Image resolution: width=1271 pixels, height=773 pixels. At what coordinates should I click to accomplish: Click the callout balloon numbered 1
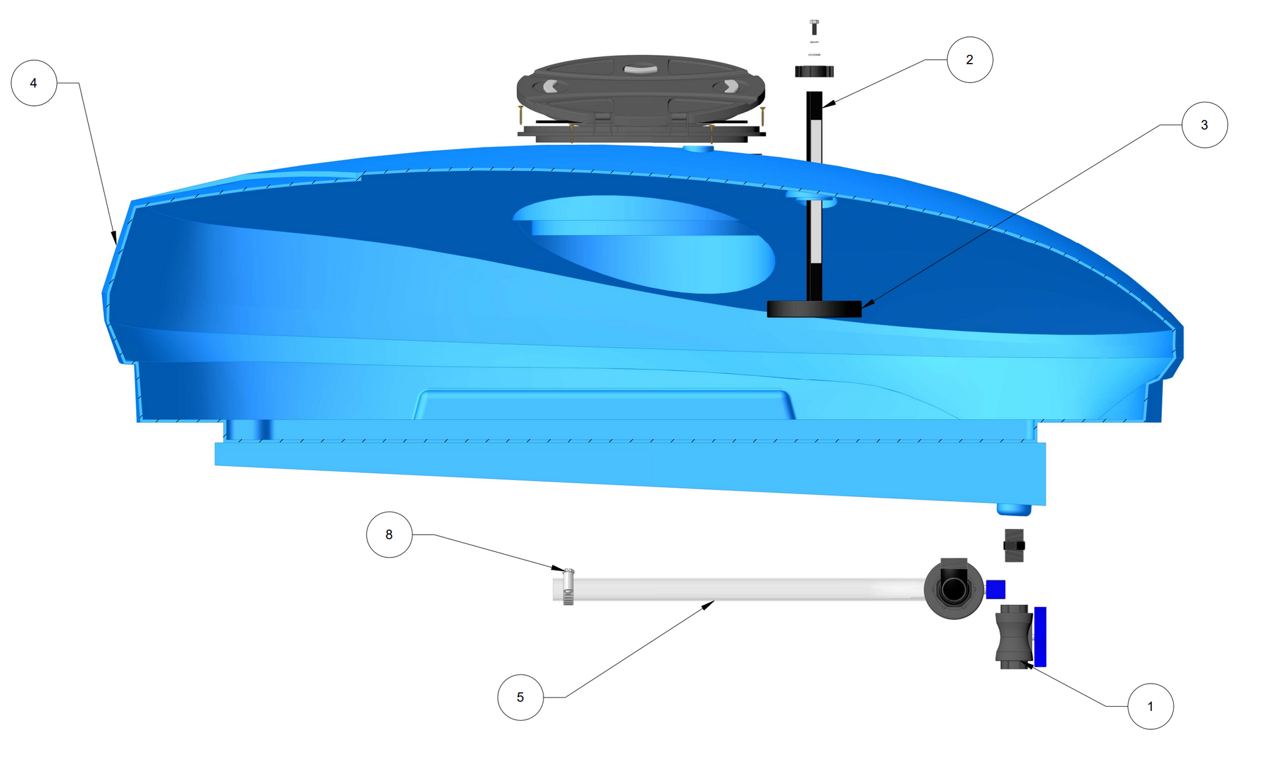coord(1151,706)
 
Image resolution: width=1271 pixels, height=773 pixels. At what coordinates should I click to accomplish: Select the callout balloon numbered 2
coord(970,60)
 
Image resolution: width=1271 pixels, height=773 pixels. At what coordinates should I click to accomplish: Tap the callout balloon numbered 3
coord(1205,124)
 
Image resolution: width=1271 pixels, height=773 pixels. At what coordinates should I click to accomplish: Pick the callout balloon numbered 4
coord(34,83)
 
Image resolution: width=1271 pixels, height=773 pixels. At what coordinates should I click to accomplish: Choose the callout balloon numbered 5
coord(520,697)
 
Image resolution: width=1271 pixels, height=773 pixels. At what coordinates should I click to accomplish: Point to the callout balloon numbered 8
coord(389,534)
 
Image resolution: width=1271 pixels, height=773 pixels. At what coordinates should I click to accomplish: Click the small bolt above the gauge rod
coord(814,27)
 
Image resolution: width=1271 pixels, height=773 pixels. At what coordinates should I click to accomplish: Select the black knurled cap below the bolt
coord(814,71)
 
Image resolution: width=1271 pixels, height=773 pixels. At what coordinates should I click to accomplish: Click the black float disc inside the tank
coord(814,309)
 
